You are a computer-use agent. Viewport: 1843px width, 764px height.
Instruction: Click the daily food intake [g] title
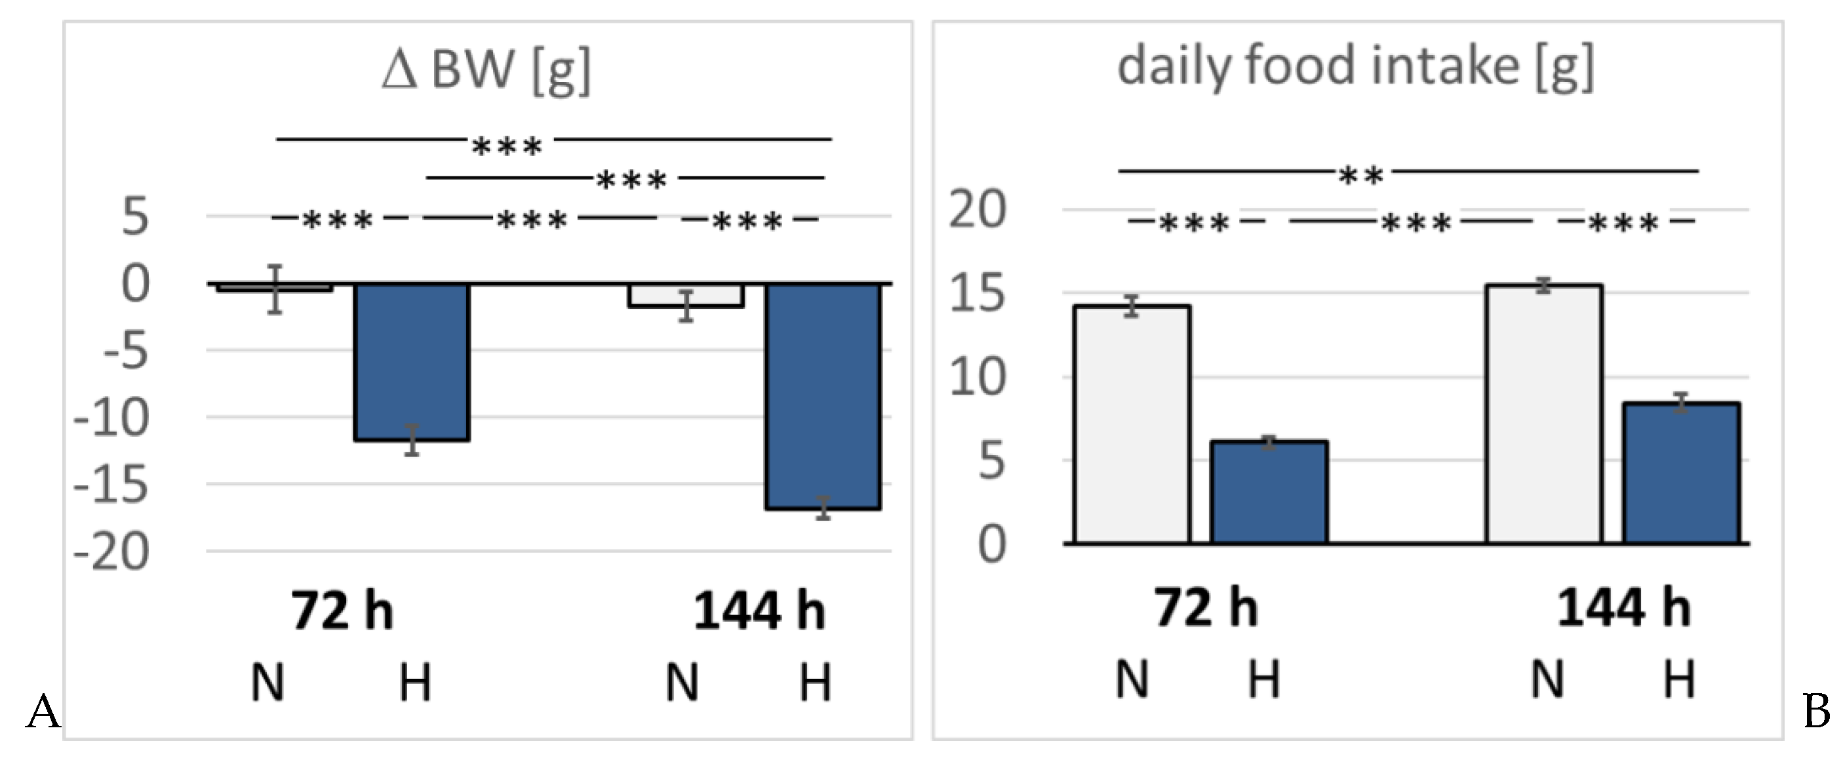pos(1356,66)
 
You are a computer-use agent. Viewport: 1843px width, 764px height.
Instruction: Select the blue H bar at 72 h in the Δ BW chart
pos(412,361)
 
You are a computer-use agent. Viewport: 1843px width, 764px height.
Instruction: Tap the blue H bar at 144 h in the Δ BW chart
pos(823,395)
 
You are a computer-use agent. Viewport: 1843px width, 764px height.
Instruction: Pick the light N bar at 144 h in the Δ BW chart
pos(686,296)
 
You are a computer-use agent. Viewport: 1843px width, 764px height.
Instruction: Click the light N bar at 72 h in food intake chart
pos(1132,424)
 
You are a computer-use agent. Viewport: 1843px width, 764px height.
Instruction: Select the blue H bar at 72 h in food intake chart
pos(1269,492)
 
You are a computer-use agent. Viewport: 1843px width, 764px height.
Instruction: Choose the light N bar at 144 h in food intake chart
pos(1543,414)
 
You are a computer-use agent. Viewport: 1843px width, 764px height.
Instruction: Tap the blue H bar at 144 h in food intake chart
pos(1680,473)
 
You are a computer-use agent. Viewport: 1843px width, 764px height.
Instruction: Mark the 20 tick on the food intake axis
pos(978,211)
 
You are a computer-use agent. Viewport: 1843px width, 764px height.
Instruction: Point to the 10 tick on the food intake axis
pos(978,378)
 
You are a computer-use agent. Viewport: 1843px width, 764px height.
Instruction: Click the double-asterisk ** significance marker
pos(1361,175)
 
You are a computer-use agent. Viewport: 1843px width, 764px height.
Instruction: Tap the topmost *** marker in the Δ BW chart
pos(507,148)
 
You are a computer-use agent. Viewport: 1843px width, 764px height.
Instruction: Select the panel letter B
pos(1816,712)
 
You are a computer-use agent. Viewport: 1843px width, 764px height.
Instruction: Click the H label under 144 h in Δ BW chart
pos(815,683)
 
